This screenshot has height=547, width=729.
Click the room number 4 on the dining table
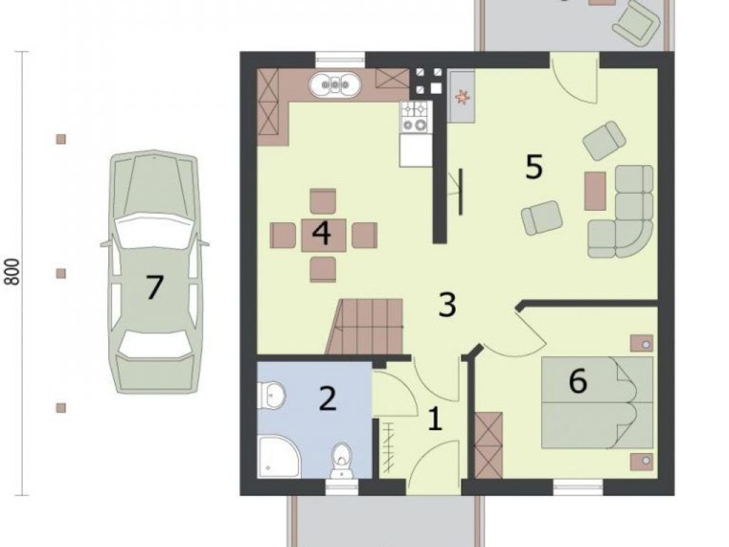click(x=321, y=233)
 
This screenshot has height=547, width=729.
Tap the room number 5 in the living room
click(x=534, y=167)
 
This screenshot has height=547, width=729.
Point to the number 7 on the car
click(x=154, y=287)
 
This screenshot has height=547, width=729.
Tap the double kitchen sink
click(x=335, y=85)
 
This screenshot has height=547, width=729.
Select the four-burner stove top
click(x=415, y=116)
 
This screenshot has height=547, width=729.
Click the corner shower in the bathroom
click(x=278, y=457)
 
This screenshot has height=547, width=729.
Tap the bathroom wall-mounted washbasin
click(x=270, y=396)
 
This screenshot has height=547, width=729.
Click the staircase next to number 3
click(x=365, y=326)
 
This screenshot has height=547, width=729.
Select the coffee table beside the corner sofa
click(x=595, y=191)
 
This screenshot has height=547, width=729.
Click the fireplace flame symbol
click(x=462, y=97)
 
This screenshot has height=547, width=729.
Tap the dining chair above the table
click(x=323, y=202)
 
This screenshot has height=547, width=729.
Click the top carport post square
click(x=61, y=139)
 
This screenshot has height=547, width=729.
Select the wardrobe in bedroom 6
click(x=488, y=445)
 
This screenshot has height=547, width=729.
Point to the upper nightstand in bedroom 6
click(x=641, y=343)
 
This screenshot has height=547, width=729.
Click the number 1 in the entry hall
click(x=435, y=419)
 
